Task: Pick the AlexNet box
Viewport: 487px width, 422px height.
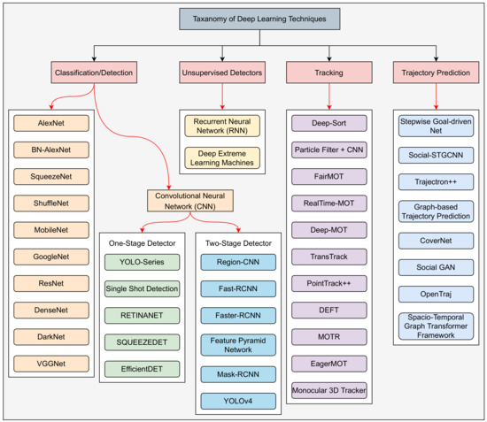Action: point(50,125)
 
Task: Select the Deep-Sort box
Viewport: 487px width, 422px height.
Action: point(329,125)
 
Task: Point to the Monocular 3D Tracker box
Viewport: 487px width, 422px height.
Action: point(329,390)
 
